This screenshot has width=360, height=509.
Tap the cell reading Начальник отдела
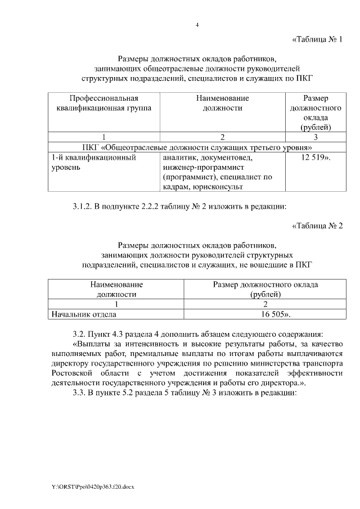84,314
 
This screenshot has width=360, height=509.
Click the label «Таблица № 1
317,39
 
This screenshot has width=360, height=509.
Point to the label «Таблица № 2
317,226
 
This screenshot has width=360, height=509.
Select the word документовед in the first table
230,158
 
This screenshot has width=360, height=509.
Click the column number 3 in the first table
315,137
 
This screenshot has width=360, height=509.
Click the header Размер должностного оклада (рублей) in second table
265,289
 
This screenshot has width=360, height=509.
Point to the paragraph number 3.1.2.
83,206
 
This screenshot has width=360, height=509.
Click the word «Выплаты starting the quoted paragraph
92,341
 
